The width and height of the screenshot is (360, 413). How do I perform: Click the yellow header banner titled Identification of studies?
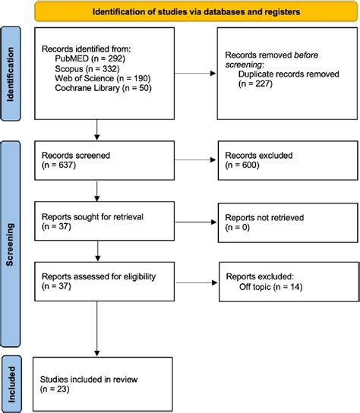point(196,11)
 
